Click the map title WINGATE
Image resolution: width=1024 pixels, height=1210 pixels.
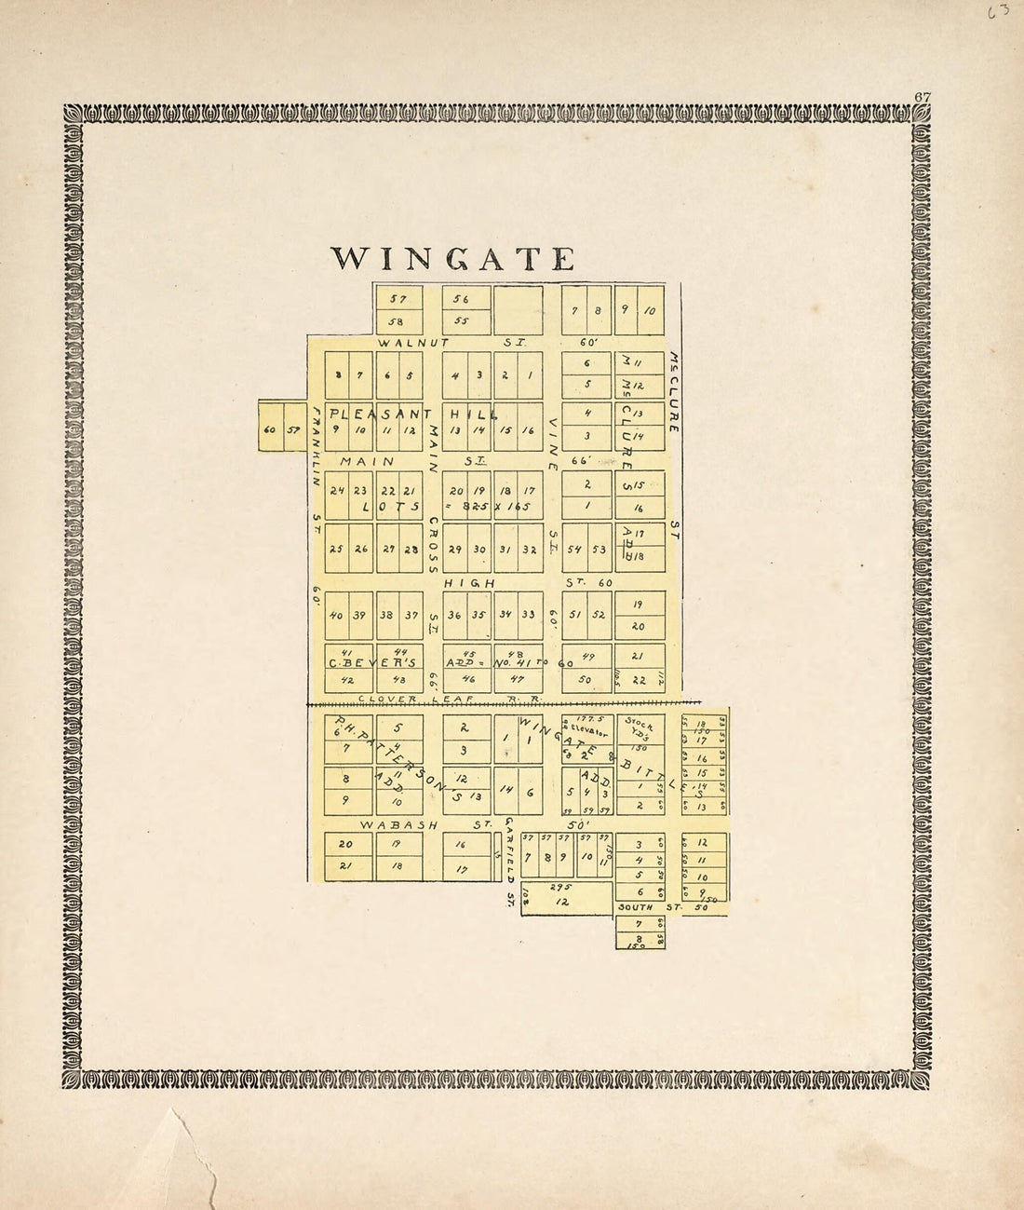point(453,258)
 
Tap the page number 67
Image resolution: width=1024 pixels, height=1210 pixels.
point(923,96)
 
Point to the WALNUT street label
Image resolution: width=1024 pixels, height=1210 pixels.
point(413,343)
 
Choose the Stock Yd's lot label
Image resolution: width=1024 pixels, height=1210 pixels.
point(640,727)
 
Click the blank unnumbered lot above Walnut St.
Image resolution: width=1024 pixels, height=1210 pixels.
point(518,309)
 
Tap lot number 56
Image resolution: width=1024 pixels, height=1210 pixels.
point(461,299)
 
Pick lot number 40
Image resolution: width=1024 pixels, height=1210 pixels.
point(337,615)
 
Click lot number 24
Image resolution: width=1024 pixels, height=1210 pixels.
point(337,491)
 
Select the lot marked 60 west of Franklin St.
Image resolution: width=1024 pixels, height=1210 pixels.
point(269,430)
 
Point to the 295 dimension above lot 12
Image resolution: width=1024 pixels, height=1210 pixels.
point(559,888)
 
